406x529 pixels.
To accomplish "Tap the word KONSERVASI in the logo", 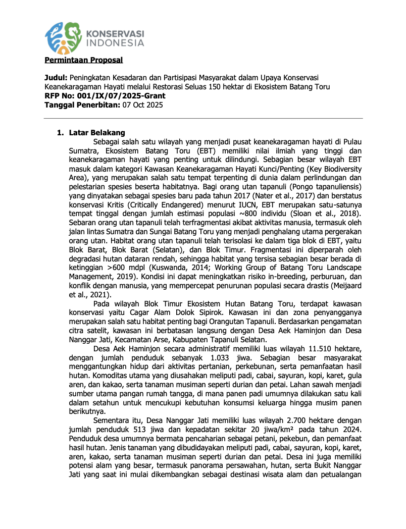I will [116, 33].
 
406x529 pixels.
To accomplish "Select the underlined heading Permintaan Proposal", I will [84, 61].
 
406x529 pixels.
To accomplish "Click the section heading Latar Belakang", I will [97, 133].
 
